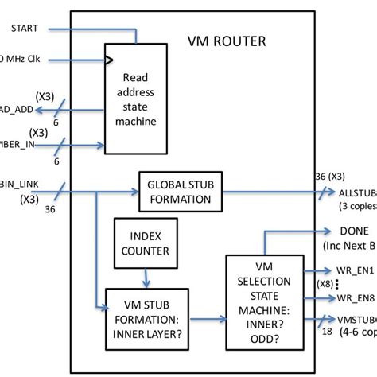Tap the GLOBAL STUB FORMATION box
(181, 191)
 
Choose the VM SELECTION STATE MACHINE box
(262, 301)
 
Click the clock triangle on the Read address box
(111, 59)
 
